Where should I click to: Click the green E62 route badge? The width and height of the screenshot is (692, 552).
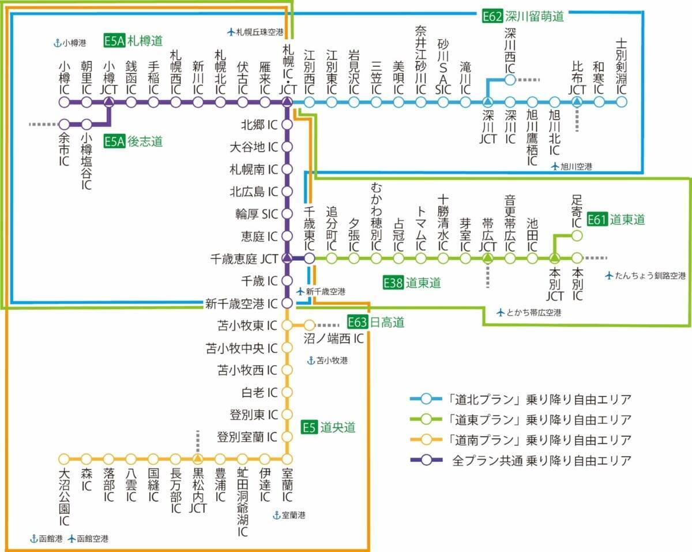coord(492,16)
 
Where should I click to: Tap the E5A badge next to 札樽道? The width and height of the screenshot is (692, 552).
coord(114,40)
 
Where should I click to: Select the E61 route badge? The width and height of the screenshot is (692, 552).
coord(597,219)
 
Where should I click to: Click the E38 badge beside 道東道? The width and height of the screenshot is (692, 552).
coord(393,283)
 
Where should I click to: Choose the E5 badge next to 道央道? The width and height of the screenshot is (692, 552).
coord(310,427)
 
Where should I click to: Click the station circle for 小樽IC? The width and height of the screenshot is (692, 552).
coord(64,103)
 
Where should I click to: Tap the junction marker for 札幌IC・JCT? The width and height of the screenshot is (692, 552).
coord(287,103)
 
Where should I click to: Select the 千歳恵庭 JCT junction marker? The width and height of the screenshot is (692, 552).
coord(287,258)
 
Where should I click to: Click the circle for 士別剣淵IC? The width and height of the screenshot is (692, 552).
coord(621,103)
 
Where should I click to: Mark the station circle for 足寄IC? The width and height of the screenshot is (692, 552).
coord(577,235)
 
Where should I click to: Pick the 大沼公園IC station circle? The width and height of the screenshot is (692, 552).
coord(64,459)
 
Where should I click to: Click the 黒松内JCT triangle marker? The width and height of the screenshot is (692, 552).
coord(198,459)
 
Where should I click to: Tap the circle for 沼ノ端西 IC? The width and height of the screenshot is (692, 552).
coord(309,325)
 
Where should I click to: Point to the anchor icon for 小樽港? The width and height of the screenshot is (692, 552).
coord(57,42)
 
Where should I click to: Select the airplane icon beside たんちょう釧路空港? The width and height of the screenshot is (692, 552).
coord(609,276)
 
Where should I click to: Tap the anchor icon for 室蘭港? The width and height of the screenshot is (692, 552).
coord(276,515)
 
